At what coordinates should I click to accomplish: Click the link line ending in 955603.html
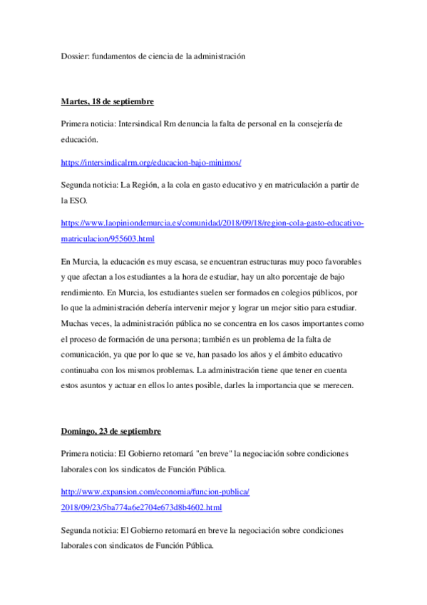click(x=108, y=238)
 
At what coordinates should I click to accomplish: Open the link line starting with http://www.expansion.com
click(x=155, y=492)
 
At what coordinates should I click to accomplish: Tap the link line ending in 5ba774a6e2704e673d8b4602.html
click(x=141, y=507)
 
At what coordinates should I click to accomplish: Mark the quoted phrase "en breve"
click(x=214, y=453)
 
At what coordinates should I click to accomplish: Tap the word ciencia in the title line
click(x=154, y=56)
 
